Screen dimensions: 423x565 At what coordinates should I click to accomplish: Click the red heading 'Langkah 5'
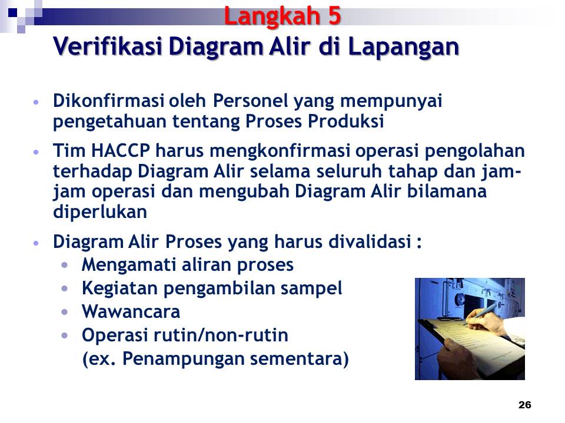pyautogui.click(x=282, y=16)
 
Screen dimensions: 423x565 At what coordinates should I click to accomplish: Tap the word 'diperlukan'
pyautogui.click(x=99, y=213)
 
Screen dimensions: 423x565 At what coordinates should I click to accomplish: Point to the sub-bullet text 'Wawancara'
pyautogui.click(x=131, y=311)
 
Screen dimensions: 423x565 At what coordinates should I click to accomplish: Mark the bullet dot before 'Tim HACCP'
pyautogui.click(x=37, y=152)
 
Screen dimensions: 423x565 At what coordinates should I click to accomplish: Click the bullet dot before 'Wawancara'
pyautogui.click(x=65, y=311)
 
